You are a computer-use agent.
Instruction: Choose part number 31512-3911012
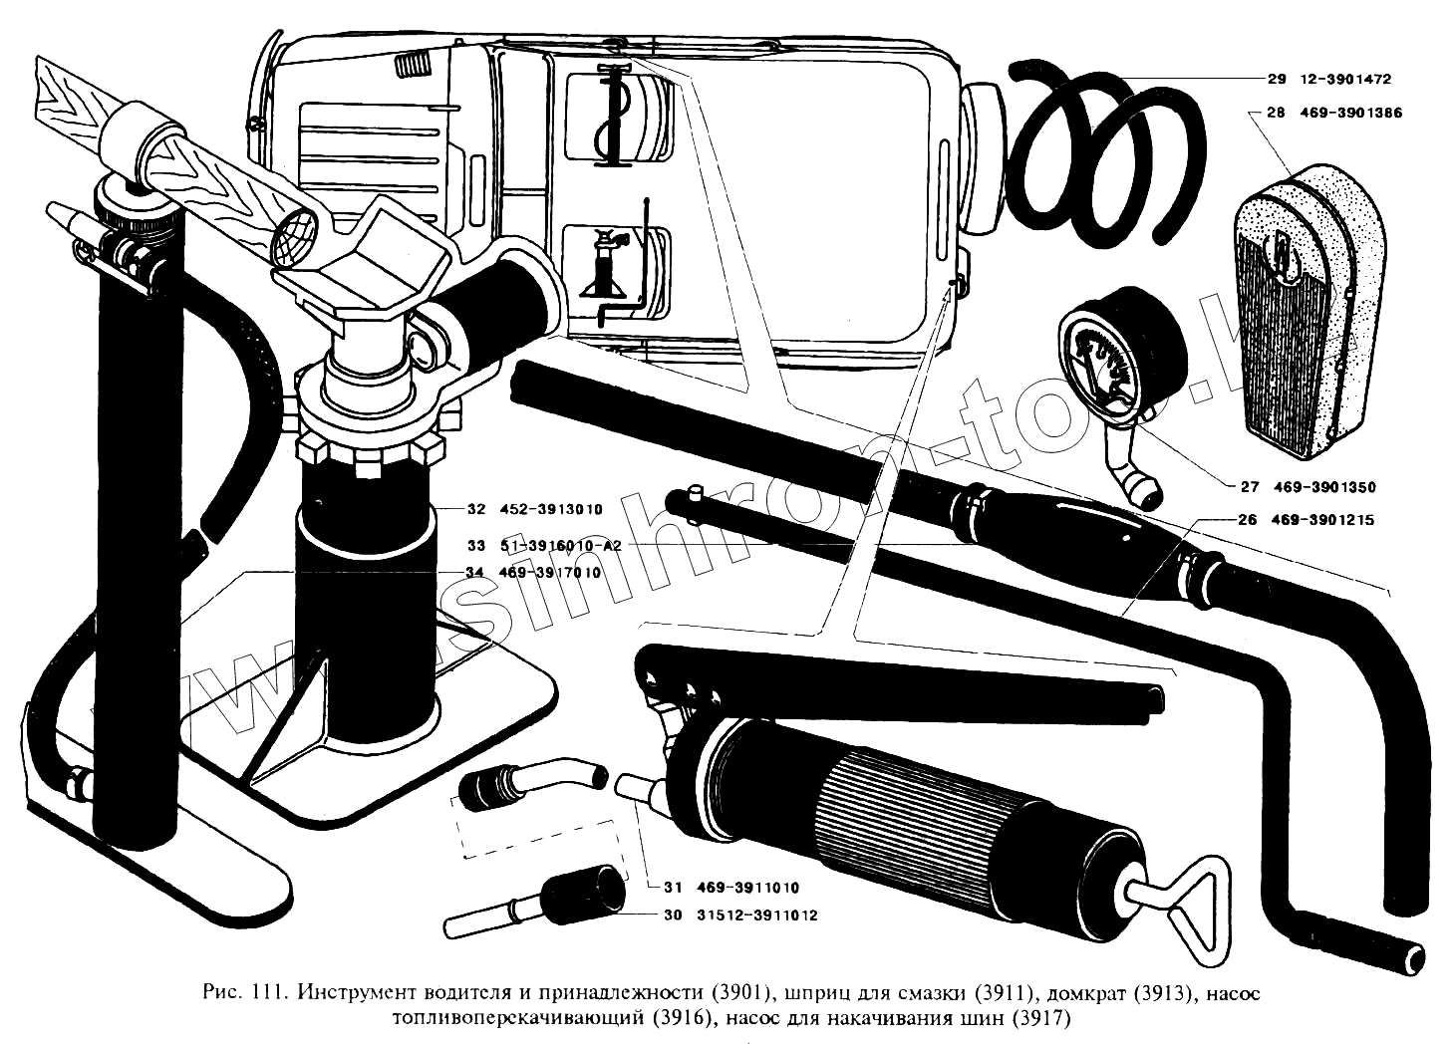(754, 915)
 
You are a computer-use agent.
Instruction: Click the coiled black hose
(1096, 149)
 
